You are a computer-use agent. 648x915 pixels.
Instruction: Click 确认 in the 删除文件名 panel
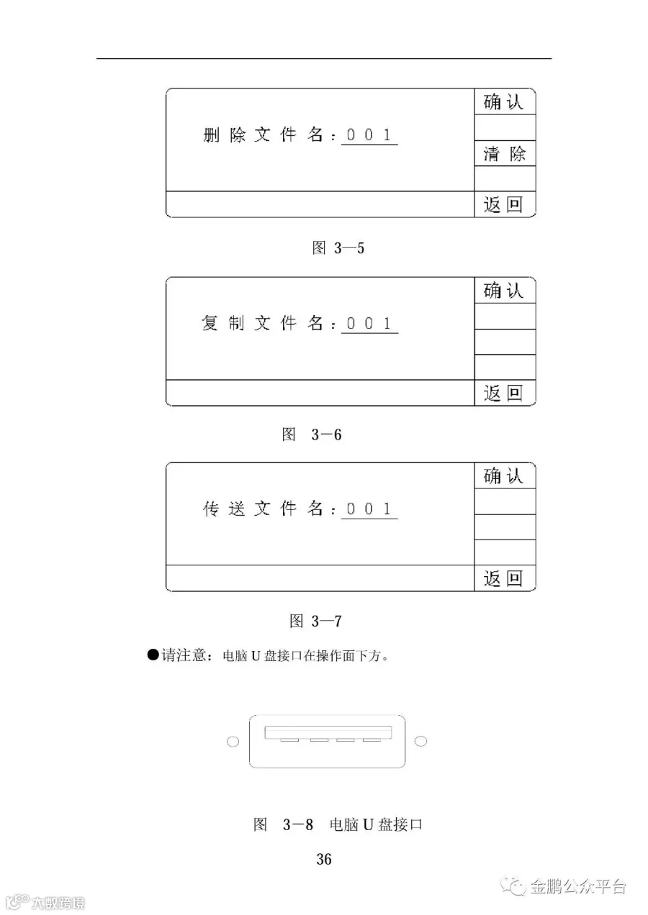(x=504, y=102)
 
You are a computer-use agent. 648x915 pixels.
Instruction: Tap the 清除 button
(x=504, y=153)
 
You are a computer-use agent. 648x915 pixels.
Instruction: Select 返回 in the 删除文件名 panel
(x=504, y=205)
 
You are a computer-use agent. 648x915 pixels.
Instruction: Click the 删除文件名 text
(x=264, y=136)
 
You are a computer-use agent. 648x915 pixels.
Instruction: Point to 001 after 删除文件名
(x=369, y=135)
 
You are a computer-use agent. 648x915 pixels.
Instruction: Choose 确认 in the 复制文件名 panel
(x=504, y=291)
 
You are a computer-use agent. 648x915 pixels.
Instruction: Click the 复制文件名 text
(x=264, y=324)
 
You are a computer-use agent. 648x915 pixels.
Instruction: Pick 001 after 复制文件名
(x=369, y=324)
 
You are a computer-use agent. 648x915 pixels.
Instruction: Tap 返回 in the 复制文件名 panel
(x=504, y=393)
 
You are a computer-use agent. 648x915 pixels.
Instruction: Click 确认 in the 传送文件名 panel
(x=504, y=476)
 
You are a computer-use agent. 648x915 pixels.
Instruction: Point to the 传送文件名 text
(x=264, y=510)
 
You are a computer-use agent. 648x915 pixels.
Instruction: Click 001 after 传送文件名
(x=369, y=509)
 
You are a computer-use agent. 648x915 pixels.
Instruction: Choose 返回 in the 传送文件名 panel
(x=504, y=579)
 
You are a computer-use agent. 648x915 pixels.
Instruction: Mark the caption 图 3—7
(x=315, y=620)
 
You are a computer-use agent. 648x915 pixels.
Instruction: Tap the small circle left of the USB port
(x=233, y=742)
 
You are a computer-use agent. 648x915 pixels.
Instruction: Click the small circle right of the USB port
(x=422, y=741)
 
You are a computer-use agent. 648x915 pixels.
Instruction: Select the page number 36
(x=324, y=859)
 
